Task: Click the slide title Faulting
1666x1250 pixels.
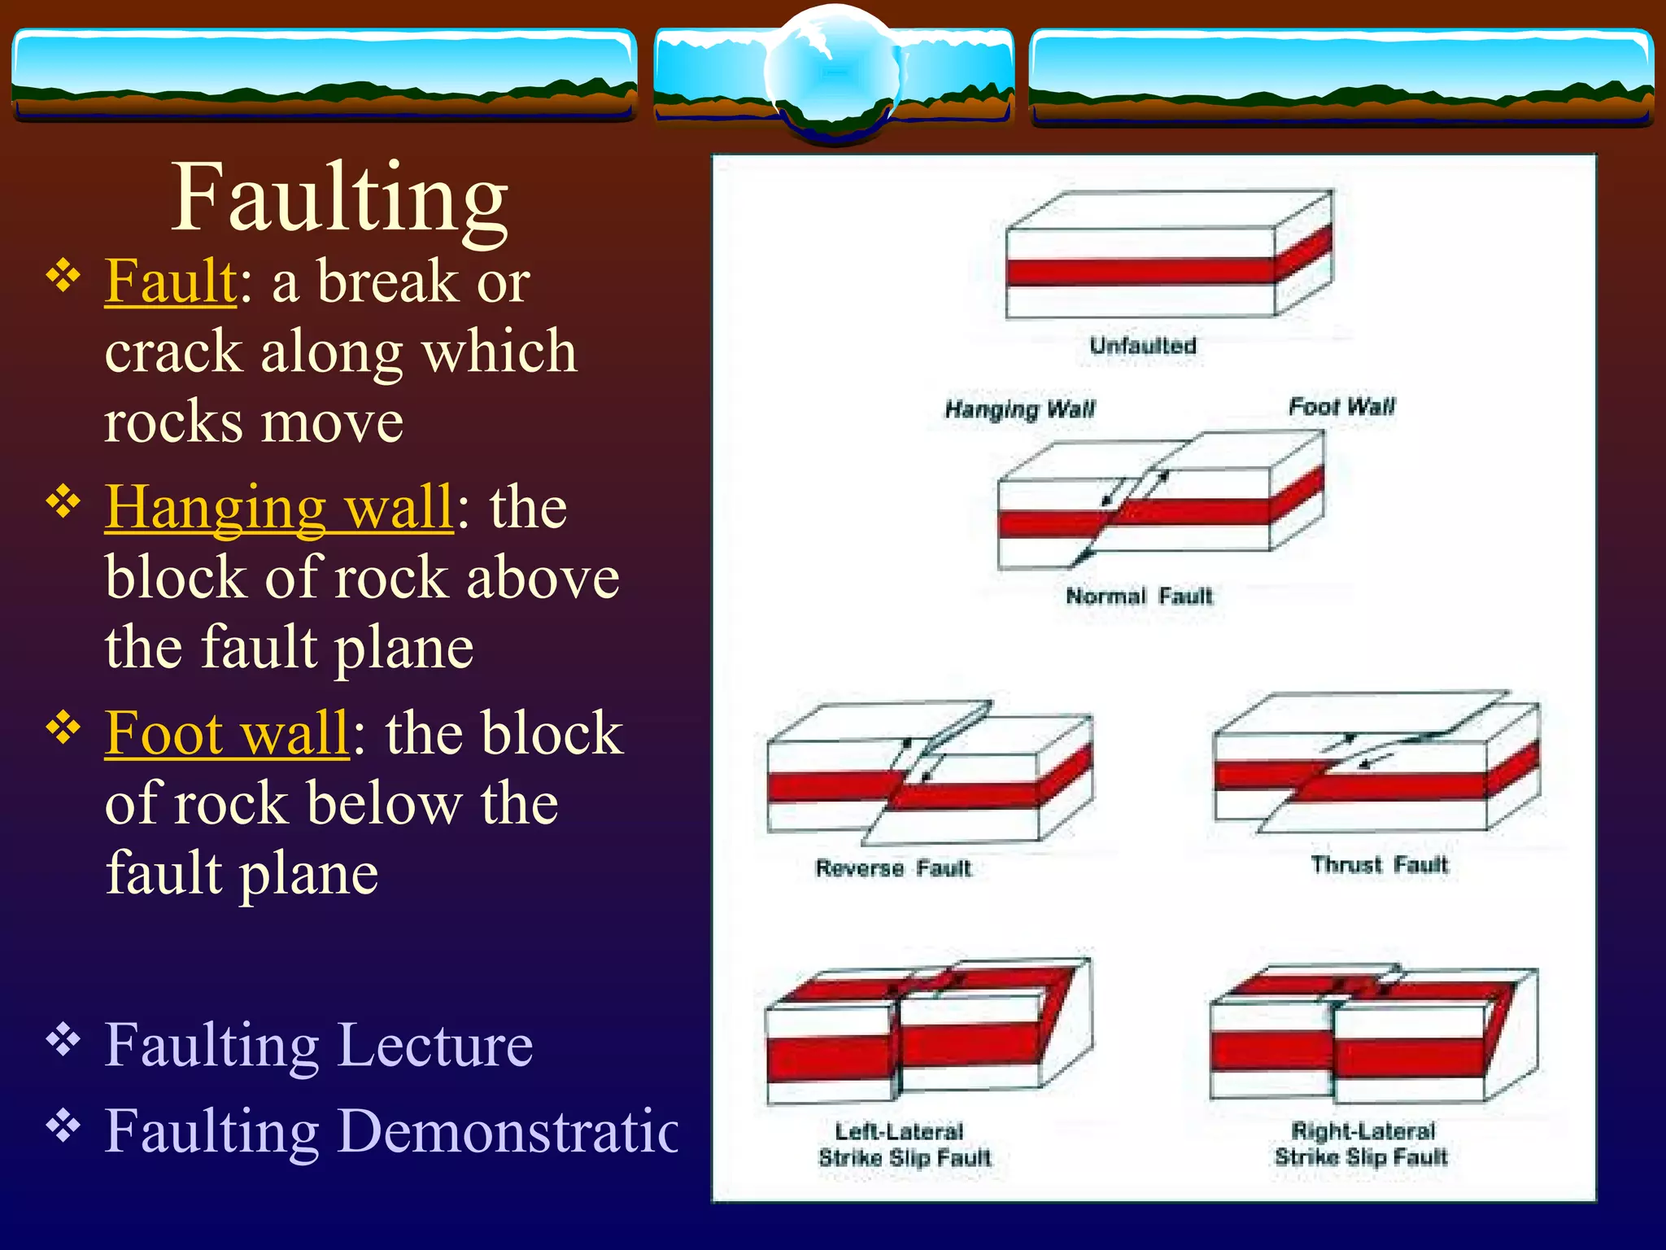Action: (340, 197)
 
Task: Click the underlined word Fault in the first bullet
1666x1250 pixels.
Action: (171, 281)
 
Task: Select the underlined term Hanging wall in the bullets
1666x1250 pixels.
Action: (278, 506)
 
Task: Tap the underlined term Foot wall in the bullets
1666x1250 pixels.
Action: (227, 732)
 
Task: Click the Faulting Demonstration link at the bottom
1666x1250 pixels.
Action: (391, 1130)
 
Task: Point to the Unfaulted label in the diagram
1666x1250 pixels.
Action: (1143, 346)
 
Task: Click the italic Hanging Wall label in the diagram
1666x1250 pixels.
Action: (1020, 409)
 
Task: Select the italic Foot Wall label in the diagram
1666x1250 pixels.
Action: (1341, 406)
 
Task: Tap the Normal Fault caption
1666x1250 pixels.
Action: (1139, 597)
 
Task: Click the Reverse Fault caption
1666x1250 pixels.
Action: (893, 868)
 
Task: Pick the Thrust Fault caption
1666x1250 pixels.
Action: (1380, 864)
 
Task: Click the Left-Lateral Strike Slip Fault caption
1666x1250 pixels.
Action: (905, 1144)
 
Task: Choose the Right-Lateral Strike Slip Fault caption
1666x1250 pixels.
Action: (1362, 1143)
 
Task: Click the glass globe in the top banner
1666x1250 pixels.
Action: (832, 73)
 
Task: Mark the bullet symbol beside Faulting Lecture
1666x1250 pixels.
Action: (63, 1039)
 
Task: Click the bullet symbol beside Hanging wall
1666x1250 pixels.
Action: (63, 501)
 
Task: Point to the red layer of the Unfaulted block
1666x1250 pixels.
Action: (1139, 271)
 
